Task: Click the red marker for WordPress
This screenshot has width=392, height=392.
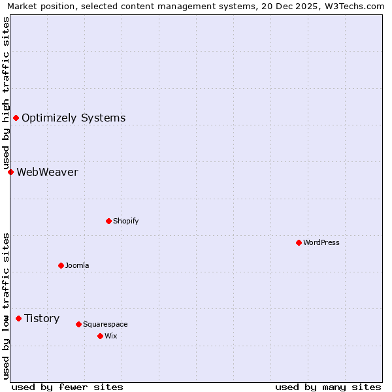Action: pyautogui.click(x=299, y=242)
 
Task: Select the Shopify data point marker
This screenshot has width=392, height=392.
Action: pyautogui.click(x=108, y=221)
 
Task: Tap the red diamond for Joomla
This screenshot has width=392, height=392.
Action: pyautogui.click(x=61, y=265)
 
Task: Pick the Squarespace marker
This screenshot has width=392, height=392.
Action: pyautogui.click(x=78, y=324)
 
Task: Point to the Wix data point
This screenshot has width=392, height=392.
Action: pyautogui.click(x=100, y=336)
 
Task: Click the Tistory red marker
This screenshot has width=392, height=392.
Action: pyautogui.click(x=18, y=318)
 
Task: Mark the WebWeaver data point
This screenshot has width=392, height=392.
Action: pyautogui.click(x=10, y=172)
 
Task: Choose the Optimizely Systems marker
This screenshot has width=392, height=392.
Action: pyautogui.click(x=16, y=118)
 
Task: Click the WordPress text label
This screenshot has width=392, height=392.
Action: pyautogui.click(x=321, y=242)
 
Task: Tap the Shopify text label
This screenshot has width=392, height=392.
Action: pyautogui.click(x=126, y=221)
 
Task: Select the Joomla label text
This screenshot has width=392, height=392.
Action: pyautogui.click(x=77, y=265)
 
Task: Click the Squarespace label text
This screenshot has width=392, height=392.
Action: pyautogui.click(x=105, y=324)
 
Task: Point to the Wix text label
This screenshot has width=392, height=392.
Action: pyautogui.click(x=110, y=336)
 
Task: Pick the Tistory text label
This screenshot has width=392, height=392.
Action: pyautogui.click(x=42, y=318)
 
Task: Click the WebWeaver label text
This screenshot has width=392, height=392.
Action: pyautogui.click(x=47, y=172)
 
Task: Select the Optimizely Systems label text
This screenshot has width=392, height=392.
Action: pyautogui.click(x=73, y=118)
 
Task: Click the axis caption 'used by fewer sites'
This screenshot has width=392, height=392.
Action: pyautogui.click(x=67, y=387)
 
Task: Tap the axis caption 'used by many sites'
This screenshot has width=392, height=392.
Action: pyautogui.click(x=328, y=387)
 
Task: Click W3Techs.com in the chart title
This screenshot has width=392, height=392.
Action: pyautogui.click(x=353, y=7)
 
